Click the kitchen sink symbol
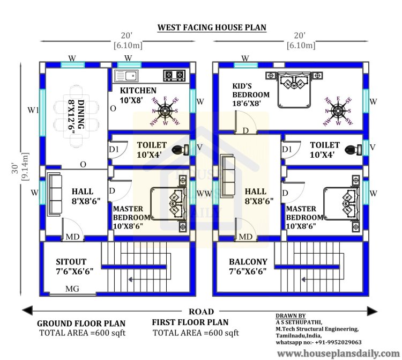[126, 76]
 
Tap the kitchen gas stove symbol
[174, 75]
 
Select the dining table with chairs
[76, 117]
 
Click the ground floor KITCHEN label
[138, 90]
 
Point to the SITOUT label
[71, 262]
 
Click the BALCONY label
[248, 262]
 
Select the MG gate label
[72, 289]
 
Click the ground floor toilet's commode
[180, 149]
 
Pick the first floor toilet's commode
[353, 149]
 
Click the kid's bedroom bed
[294, 89]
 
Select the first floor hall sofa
[228, 176]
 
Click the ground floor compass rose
[165, 111]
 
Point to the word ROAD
[201, 312]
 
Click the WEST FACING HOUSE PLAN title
[212, 27]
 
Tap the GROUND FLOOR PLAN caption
[81, 324]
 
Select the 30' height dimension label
[15, 168]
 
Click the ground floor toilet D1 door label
[114, 149]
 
